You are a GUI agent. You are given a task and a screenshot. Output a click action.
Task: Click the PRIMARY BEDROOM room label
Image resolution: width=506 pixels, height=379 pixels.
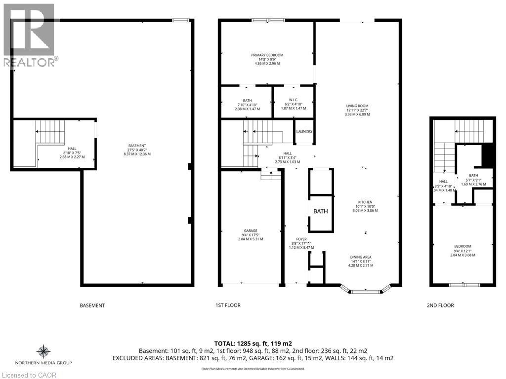point(267,55)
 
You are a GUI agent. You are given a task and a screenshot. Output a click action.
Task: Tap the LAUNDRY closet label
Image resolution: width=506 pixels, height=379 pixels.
point(304,132)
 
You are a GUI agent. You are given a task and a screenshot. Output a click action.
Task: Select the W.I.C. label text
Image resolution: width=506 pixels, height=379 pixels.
point(294,100)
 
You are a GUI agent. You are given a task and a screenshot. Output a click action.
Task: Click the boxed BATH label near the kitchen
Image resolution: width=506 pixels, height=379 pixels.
point(321,211)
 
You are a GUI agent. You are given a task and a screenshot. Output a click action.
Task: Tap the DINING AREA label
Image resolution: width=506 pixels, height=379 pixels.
point(360,257)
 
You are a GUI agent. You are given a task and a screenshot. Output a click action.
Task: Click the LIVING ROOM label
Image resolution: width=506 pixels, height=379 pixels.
point(357,106)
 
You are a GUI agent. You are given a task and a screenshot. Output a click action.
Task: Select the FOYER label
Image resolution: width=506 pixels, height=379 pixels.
point(301,239)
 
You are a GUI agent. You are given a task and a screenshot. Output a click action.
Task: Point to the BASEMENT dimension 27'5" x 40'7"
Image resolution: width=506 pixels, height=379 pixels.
point(137,150)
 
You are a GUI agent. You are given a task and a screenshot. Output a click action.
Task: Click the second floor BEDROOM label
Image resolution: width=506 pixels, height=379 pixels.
point(463,246)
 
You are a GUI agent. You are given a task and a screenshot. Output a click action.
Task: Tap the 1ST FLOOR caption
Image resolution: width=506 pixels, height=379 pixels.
point(229,305)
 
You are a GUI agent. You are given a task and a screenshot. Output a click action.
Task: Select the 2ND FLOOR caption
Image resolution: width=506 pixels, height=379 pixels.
point(440,305)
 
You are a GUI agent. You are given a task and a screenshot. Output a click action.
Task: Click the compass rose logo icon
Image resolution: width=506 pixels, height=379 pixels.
point(44,352)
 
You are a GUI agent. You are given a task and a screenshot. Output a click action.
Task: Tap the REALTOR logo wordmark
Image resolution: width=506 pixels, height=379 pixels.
point(30,62)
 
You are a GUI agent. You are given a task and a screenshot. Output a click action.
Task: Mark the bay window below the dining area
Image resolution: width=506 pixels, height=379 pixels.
point(365,291)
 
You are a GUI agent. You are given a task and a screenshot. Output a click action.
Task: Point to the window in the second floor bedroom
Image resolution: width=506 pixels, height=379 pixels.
point(464,285)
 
